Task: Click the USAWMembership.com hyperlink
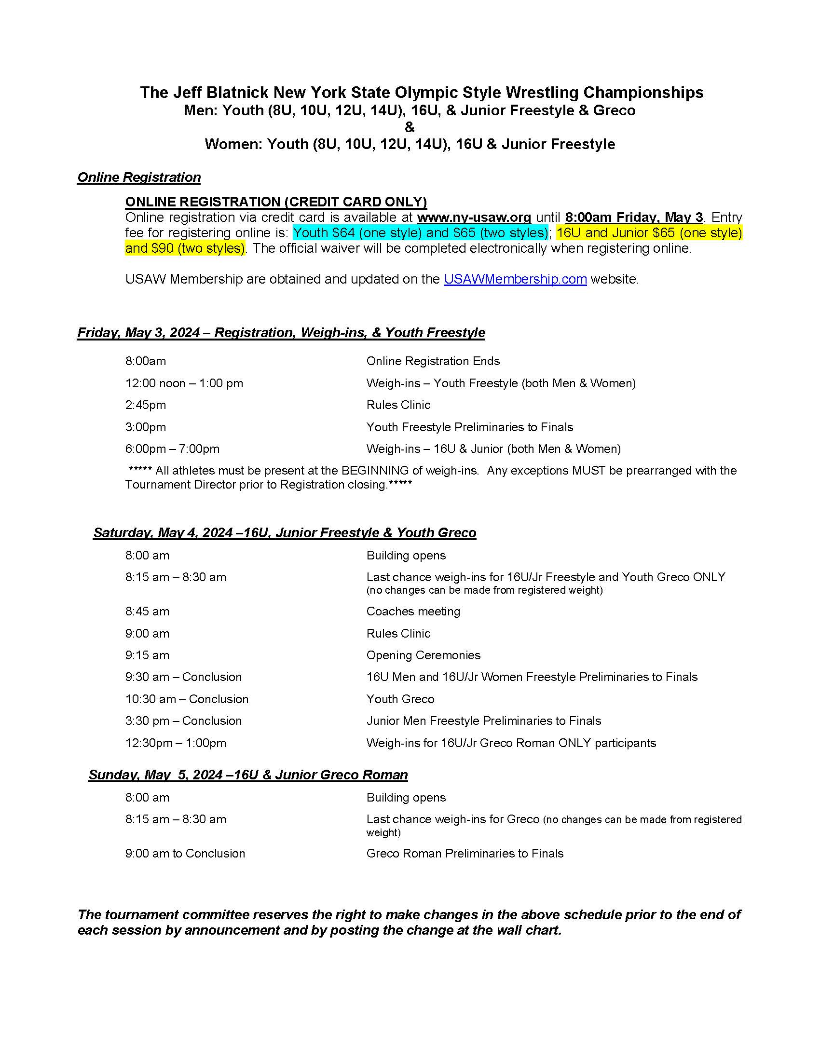[x=515, y=279]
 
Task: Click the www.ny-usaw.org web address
[x=474, y=217]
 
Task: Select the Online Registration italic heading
[x=139, y=177]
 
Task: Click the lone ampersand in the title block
[x=410, y=127]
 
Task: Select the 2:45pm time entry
[x=146, y=405]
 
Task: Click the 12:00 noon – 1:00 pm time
[x=184, y=383]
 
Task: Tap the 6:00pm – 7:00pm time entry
[x=173, y=449]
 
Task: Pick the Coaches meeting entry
[x=413, y=612]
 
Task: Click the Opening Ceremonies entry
[x=423, y=655]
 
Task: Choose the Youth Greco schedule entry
[x=400, y=699]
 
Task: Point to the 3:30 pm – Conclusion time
[x=183, y=721]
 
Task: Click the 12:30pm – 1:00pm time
[x=176, y=743]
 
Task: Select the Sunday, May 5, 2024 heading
[x=248, y=775]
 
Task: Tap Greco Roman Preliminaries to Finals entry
[x=465, y=854]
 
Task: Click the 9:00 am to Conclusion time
[x=185, y=854]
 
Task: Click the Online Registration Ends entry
[x=433, y=361]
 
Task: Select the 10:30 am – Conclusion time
[x=187, y=699]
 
